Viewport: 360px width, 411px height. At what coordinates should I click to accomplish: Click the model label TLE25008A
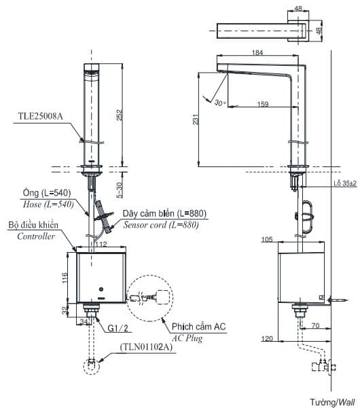click(40, 116)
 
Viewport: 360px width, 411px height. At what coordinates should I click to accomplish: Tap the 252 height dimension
click(120, 115)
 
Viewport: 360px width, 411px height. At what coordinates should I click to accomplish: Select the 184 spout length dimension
click(257, 52)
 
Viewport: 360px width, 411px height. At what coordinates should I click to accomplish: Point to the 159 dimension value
click(263, 104)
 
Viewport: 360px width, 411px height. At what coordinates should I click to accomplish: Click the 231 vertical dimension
click(196, 120)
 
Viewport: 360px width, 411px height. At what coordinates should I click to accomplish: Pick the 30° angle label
click(219, 103)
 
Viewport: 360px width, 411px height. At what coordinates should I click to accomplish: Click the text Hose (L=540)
click(48, 204)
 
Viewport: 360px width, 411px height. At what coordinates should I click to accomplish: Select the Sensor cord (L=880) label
click(161, 225)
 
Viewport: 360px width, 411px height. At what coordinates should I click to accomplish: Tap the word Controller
click(36, 236)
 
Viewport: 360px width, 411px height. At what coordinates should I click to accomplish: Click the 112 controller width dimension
click(101, 244)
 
